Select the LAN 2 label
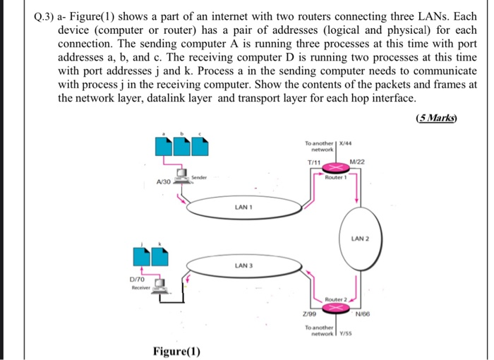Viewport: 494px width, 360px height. tap(360, 239)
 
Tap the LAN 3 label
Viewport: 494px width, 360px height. tap(243, 265)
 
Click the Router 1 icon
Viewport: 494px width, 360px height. tap(333, 167)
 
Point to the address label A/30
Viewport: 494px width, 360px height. tap(164, 181)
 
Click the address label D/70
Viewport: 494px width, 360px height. tap(137, 280)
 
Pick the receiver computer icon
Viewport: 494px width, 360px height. tap(160, 285)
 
